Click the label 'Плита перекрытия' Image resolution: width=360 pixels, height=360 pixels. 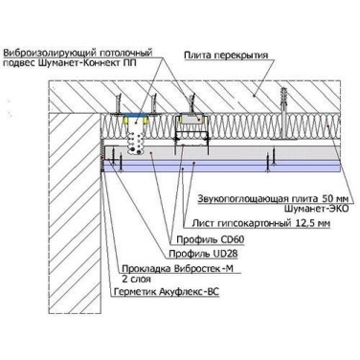[x=226, y=56]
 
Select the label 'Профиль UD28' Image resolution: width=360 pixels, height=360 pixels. [x=203, y=254]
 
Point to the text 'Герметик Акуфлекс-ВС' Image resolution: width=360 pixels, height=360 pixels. [x=167, y=292]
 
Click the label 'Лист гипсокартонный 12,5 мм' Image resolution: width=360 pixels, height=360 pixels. [x=260, y=223]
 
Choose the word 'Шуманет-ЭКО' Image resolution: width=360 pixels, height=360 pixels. [x=316, y=209]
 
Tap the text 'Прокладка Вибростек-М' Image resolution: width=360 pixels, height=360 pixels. [x=178, y=269]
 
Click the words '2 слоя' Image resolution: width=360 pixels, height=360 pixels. [x=136, y=280]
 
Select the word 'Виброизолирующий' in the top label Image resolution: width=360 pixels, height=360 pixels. [x=49, y=53]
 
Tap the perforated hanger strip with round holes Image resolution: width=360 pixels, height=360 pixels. [x=136, y=139]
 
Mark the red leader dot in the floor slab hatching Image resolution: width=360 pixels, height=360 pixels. [x=254, y=95]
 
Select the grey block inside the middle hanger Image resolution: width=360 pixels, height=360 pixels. [x=192, y=120]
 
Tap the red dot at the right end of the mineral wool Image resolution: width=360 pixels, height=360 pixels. [x=329, y=125]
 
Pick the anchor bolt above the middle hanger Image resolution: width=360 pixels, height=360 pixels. [x=192, y=102]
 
